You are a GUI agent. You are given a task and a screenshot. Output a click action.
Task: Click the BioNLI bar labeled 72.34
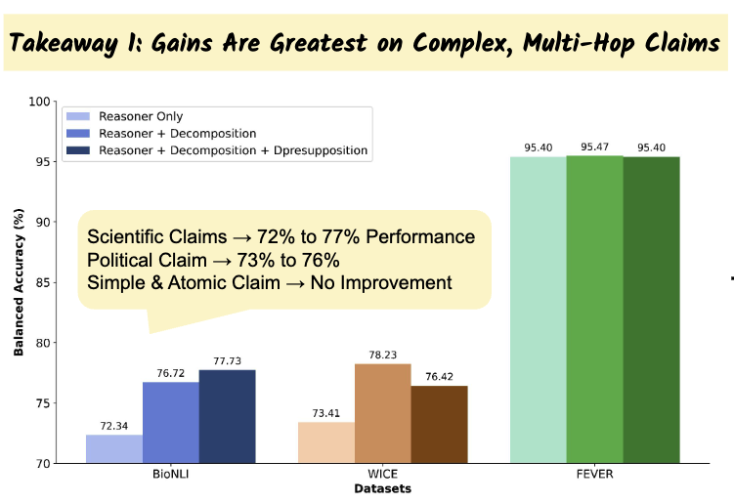(x=113, y=449)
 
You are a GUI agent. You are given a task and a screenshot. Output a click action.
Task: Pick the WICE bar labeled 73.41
(x=326, y=442)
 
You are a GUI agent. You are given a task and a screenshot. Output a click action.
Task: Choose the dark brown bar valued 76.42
(x=439, y=425)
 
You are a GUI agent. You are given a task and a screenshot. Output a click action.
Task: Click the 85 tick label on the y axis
(x=41, y=282)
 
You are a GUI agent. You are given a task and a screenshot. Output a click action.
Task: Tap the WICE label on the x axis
(x=382, y=473)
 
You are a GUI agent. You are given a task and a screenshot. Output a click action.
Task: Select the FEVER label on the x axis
(x=594, y=473)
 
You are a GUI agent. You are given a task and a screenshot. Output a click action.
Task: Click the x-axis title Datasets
(x=382, y=487)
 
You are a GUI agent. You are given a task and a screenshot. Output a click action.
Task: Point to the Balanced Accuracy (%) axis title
(x=19, y=282)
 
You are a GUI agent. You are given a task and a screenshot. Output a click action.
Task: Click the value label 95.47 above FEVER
(x=594, y=147)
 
